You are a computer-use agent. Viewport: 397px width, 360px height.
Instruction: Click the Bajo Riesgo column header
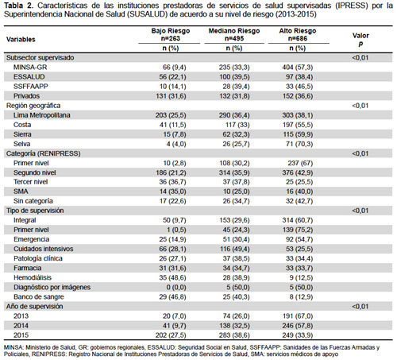(171, 35)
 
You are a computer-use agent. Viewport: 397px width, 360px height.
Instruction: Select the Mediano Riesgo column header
(234, 35)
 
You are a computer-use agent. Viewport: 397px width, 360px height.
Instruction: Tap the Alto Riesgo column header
(298, 35)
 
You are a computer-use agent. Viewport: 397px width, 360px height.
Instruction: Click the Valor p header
(360, 40)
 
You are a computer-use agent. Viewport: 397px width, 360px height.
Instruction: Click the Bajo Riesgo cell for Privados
(171, 96)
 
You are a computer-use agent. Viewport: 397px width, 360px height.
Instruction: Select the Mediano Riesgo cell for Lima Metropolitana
(234, 115)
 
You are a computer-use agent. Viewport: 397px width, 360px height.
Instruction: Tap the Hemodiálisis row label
(33, 277)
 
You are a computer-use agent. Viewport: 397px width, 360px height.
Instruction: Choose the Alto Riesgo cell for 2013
(298, 316)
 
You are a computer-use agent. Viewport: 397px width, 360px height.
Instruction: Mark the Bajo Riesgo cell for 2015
(171, 335)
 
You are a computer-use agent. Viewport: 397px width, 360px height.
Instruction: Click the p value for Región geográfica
(360, 106)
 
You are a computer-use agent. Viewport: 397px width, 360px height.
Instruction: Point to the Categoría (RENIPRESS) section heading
(44, 153)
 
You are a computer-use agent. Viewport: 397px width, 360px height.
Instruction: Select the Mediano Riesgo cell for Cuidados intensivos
(234, 249)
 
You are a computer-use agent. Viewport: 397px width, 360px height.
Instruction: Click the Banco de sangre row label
(39, 297)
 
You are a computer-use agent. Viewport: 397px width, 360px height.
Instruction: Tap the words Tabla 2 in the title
(19, 6)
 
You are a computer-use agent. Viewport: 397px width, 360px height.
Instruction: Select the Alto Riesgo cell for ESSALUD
(301, 77)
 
